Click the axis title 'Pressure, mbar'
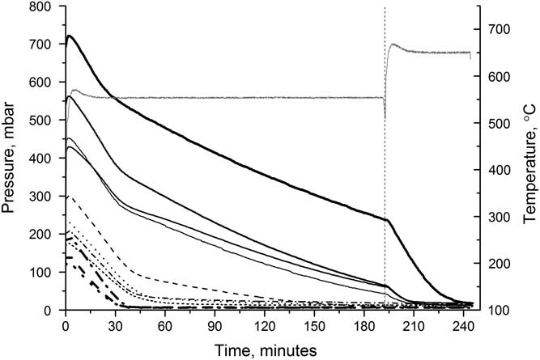coord(11,158)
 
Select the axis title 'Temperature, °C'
coord(529,158)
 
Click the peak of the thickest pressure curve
coord(70,36)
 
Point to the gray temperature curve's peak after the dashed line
coord(393,44)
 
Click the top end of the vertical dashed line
coord(385,7)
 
